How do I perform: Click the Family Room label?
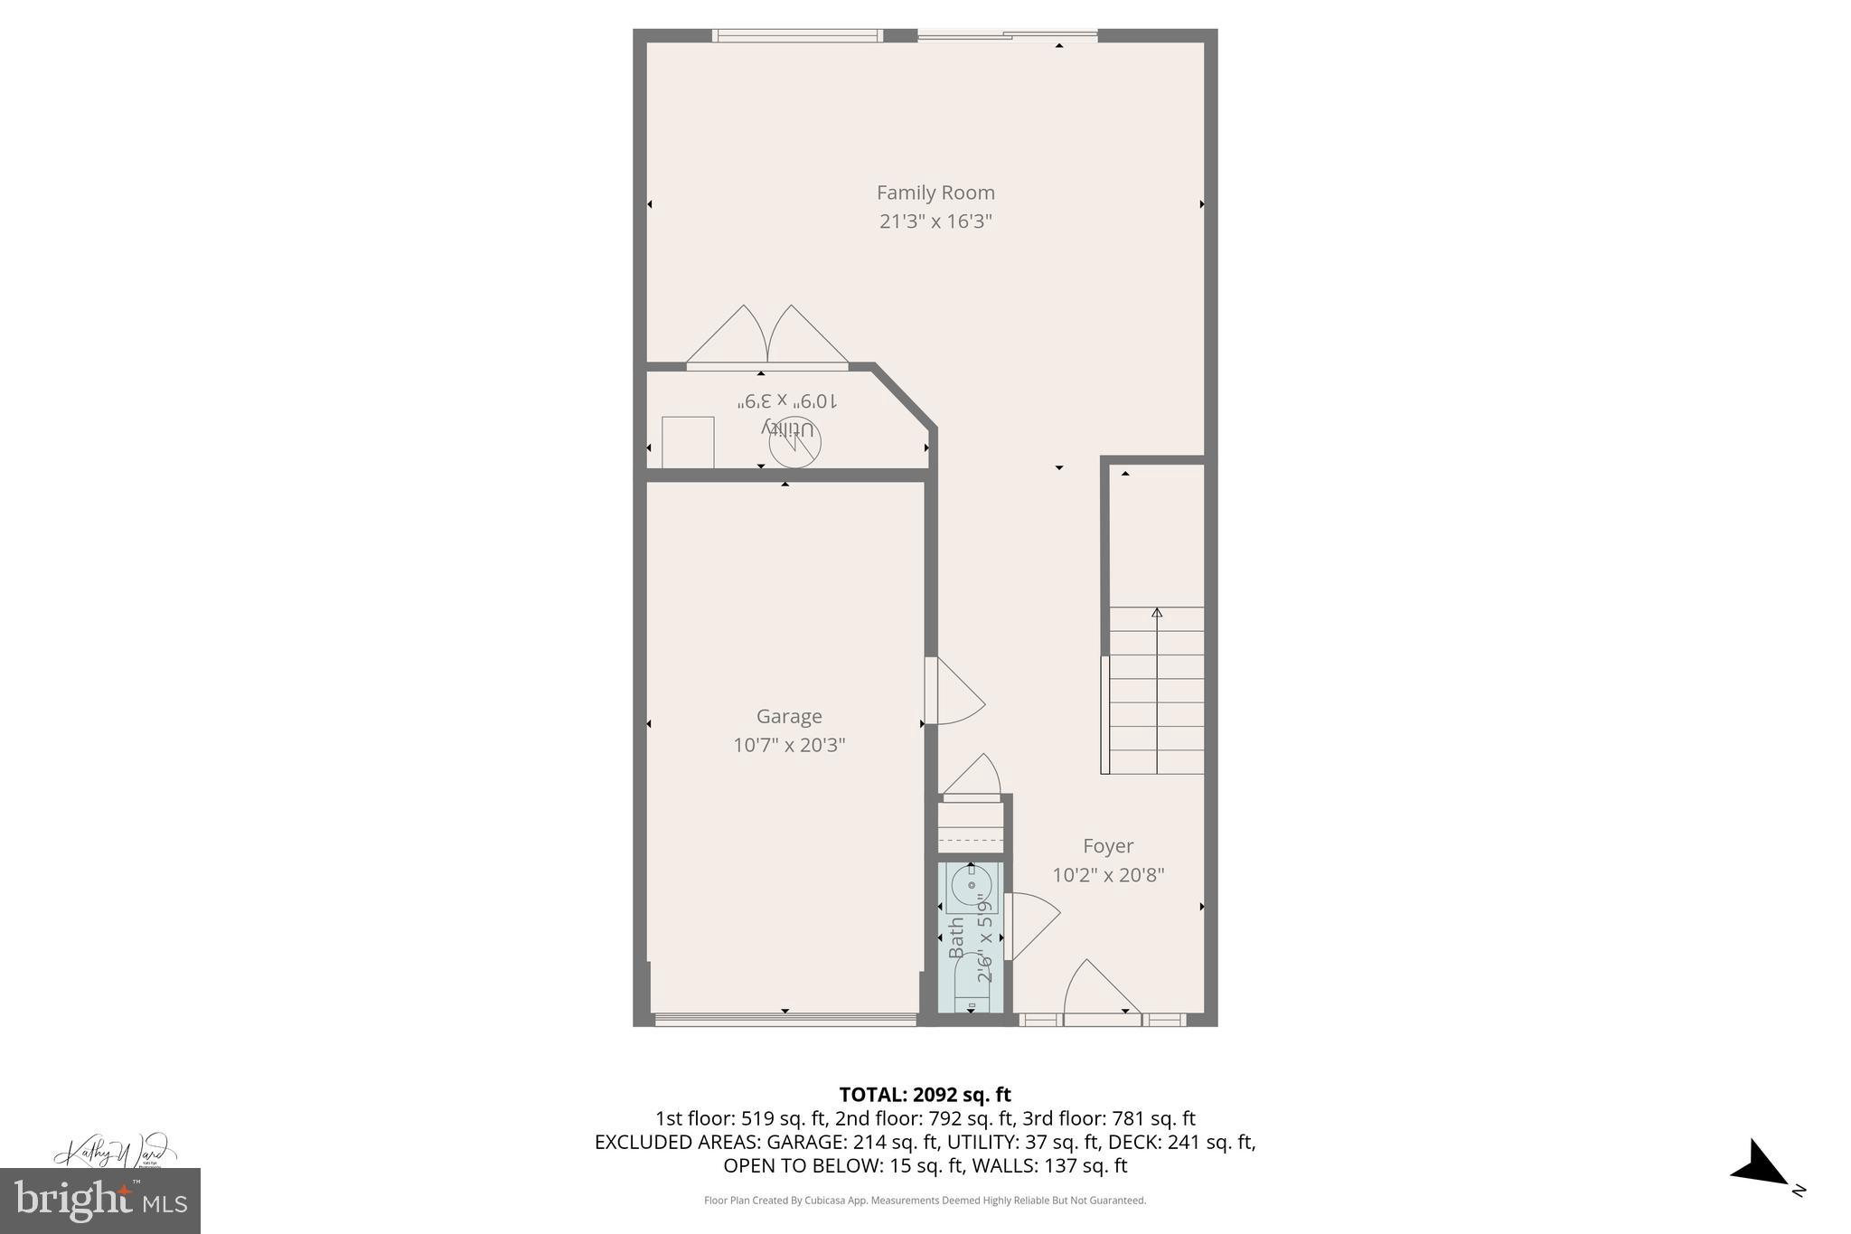coord(935,193)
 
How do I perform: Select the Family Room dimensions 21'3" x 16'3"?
coord(935,221)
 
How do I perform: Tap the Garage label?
coord(789,716)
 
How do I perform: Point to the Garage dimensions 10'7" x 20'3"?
coord(789,745)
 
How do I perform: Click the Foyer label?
coord(1108,846)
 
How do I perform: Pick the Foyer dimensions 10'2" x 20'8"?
coord(1108,875)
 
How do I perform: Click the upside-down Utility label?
coord(788,426)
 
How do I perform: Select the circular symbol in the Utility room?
coord(795,443)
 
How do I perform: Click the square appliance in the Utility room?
coord(688,442)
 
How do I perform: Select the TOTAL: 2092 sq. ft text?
coord(925,1095)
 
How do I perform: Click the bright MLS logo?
coord(100,1201)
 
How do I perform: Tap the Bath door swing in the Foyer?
coord(1033,925)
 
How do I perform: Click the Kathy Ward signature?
coord(114,1154)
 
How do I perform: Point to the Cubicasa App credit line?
coord(925,1201)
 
